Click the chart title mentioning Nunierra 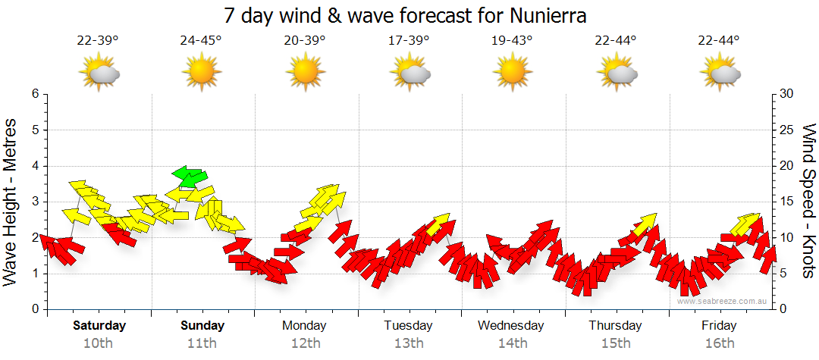406,15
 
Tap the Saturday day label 99,326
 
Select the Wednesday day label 510,326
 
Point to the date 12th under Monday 305,343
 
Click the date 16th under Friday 719,343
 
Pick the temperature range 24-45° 201,40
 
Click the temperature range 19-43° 512,40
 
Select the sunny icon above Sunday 201,74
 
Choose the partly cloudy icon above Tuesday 409,74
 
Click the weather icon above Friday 720,74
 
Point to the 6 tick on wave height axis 35,94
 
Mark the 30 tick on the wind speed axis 787,94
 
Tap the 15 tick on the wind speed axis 787,202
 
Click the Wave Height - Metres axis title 11,201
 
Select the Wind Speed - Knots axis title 808,201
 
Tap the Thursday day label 615,326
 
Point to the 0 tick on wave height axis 35,309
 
